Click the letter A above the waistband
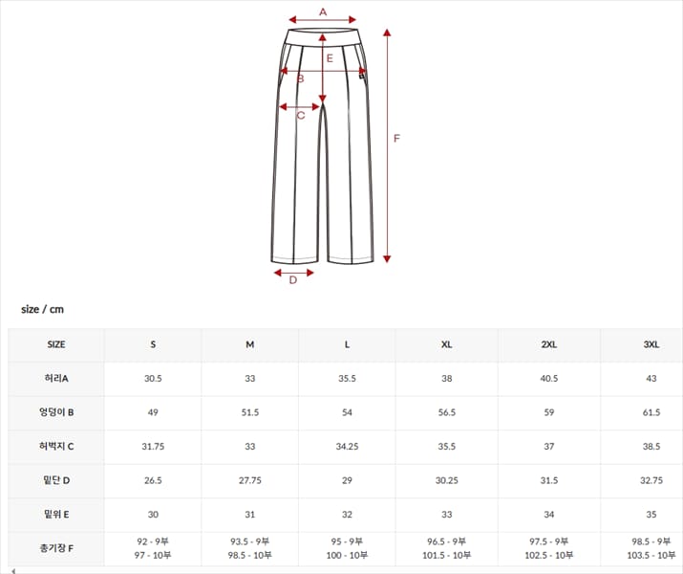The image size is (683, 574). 323,11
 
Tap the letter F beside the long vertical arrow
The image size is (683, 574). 396,139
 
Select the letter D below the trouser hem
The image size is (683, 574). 293,280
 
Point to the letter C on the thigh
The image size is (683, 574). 301,116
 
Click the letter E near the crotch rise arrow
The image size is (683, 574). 330,58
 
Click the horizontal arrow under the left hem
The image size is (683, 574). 294,273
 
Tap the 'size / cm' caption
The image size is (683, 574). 42,309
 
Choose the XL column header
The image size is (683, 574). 446,344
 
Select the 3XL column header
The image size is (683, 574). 651,344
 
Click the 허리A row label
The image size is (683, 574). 56,378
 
